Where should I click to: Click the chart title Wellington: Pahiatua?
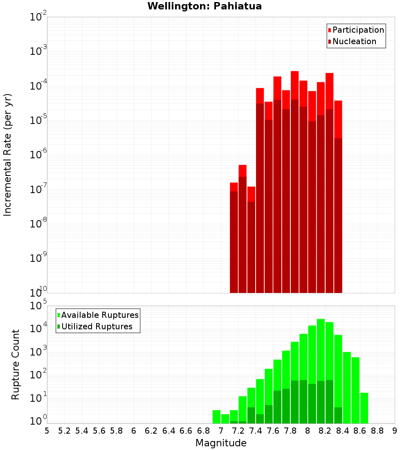[204, 6]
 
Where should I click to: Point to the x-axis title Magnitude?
[221, 443]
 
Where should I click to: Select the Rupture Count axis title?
[16, 364]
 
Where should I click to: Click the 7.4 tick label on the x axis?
[256, 430]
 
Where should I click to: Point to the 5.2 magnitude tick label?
[65, 430]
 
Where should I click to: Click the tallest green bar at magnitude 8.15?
[321, 368]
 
